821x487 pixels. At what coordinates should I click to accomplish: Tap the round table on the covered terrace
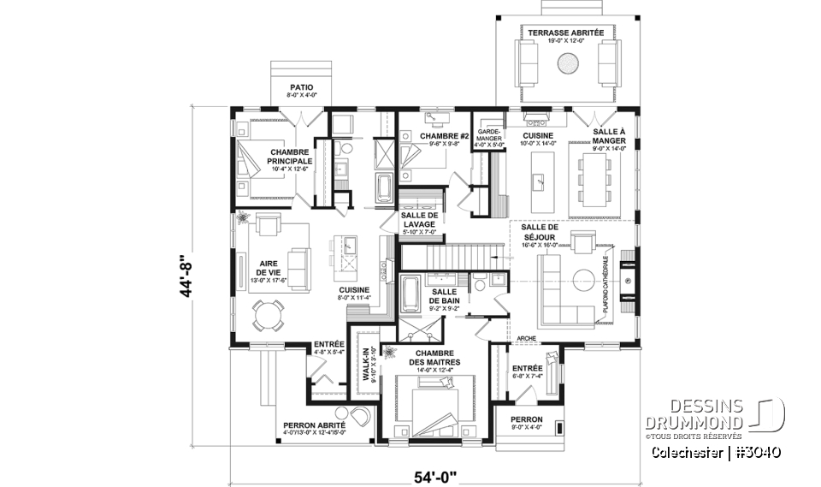[567, 62]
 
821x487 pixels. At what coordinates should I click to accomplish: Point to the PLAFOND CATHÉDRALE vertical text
[605, 287]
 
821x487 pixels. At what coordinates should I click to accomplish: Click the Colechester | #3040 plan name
[715, 451]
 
